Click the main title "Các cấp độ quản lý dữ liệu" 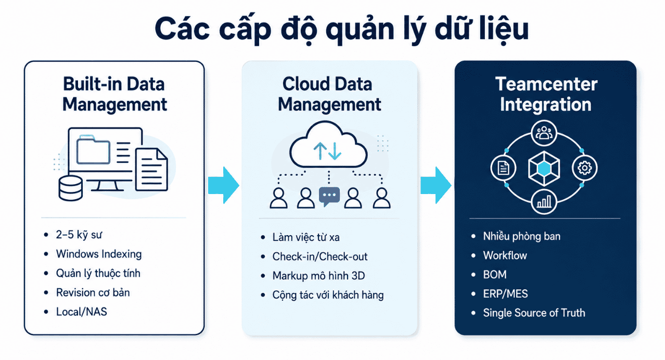(341, 30)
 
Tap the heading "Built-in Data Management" (114, 94)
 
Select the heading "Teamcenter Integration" (546, 94)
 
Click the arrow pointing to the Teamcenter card (436, 185)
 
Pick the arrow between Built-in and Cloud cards (224, 185)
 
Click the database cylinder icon (70, 188)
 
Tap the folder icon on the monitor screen (93, 150)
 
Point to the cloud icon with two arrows (328, 145)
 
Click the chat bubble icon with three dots (329, 197)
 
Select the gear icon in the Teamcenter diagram (584, 168)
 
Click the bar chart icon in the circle (544, 202)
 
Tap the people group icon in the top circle (544, 133)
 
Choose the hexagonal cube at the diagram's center (544, 169)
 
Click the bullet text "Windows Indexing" (99, 254)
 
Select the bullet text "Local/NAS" (82, 312)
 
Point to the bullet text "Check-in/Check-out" (320, 256)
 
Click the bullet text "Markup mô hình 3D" (318, 276)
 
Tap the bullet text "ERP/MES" (506, 294)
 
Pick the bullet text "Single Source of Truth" (534, 313)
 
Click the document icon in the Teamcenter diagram (503, 168)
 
